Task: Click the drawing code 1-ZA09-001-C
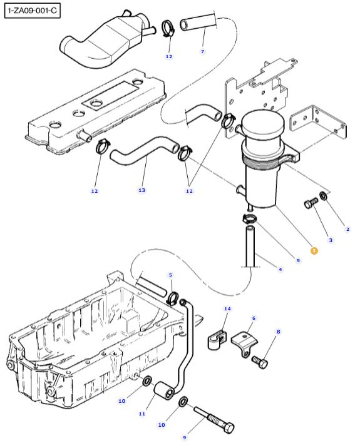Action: (x=33, y=11)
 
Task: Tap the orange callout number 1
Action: (x=314, y=251)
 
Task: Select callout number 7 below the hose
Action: (x=202, y=52)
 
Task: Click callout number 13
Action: (x=142, y=190)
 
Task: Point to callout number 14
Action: (x=227, y=308)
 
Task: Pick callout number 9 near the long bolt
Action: (x=185, y=437)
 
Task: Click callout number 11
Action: (x=142, y=414)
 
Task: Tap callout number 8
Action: (x=278, y=332)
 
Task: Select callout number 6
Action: (x=254, y=318)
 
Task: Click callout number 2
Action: (x=347, y=229)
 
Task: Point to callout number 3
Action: (x=331, y=240)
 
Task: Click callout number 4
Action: (x=280, y=269)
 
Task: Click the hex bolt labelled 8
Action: (x=260, y=362)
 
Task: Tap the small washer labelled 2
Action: (x=324, y=196)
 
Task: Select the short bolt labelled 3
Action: (x=311, y=203)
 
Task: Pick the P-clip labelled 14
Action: (x=216, y=340)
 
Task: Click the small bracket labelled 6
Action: (x=244, y=344)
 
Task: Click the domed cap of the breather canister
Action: (x=263, y=123)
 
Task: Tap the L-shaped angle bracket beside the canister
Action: (x=317, y=122)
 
